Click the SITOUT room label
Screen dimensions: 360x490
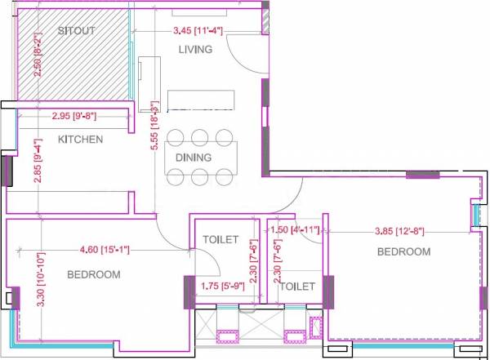coord(77,30)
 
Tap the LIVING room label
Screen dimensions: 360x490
coord(195,50)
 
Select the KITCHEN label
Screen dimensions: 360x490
coord(80,140)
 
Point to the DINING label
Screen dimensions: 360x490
coord(194,158)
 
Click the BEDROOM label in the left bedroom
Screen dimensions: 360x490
coord(93,275)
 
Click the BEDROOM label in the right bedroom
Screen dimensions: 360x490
coord(403,252)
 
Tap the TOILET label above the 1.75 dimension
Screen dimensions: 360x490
coord(220,240)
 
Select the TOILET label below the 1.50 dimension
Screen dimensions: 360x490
coord(297,287)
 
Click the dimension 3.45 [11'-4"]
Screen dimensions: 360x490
coord(198,31)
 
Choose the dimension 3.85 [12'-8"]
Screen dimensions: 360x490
coord(400,231)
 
